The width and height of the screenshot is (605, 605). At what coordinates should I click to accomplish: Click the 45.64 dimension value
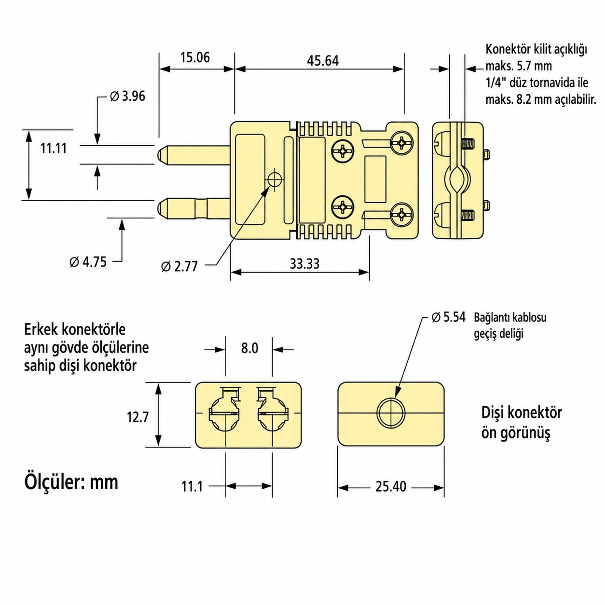click(x=323, y=61)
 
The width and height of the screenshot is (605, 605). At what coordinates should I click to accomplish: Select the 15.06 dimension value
click(x=195, y=57)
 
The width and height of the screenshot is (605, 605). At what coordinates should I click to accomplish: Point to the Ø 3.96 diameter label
click(x=127, y=96)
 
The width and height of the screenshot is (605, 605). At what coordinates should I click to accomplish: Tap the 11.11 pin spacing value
click(x=54, y=148)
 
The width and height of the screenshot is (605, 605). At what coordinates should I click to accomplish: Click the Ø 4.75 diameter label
click(x=88, y=262)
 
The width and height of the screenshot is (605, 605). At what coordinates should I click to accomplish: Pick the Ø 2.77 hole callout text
click(x=179, y=266)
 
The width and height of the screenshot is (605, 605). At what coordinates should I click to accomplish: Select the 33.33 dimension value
click(x=304, y=264)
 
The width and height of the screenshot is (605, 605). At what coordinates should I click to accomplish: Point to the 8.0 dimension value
click(x=249, y=348)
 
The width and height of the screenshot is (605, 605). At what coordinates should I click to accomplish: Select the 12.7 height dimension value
click(x=137, y=417)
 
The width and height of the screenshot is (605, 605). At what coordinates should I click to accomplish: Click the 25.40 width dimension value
click(x=391, y=487)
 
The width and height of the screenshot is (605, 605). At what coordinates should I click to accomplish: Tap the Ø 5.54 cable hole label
click(x=448, y=317)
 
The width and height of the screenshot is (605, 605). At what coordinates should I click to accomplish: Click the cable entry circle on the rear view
click(x=391, y=412)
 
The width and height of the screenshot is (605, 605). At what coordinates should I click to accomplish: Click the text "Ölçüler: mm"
click(x=71, y=482)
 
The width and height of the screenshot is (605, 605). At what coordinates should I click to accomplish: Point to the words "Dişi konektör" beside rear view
click(x=522, y=412)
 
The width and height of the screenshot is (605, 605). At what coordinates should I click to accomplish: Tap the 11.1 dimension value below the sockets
click(x=192, y=487)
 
